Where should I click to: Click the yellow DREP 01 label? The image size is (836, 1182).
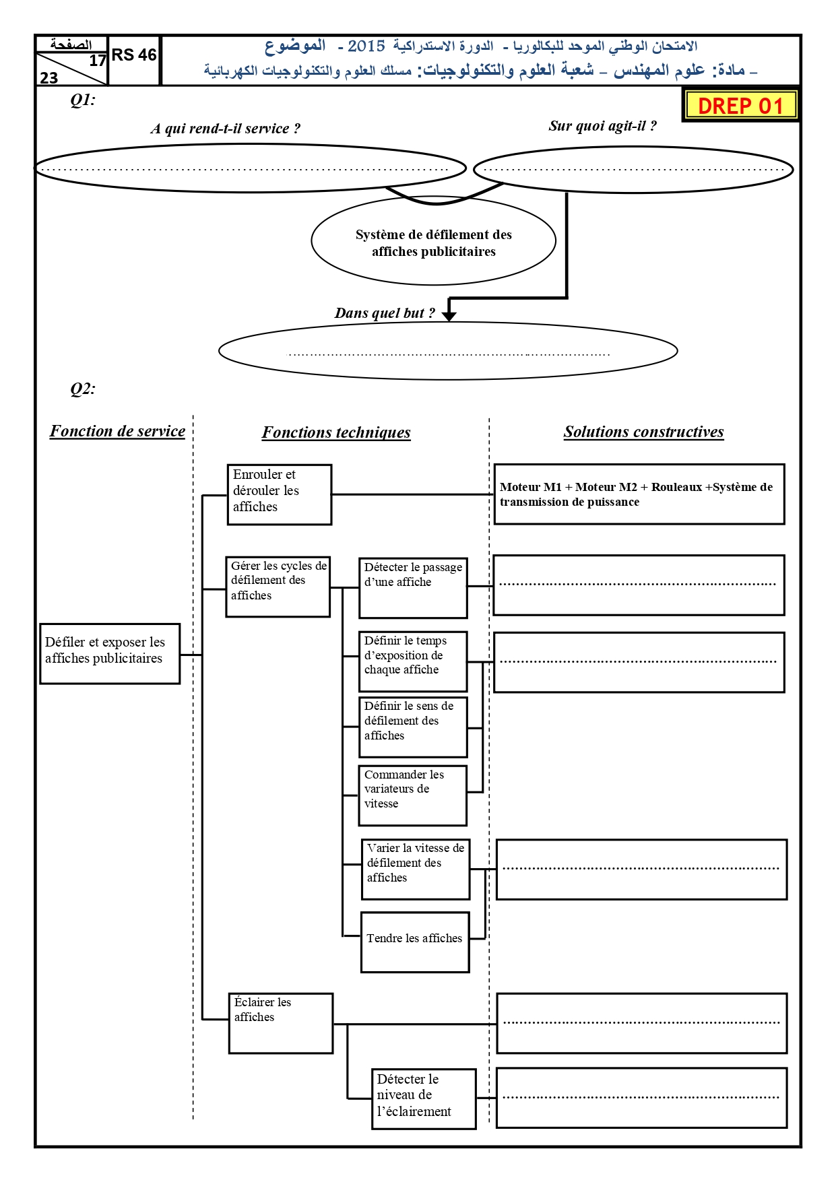740,106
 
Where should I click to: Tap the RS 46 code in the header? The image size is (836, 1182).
134,55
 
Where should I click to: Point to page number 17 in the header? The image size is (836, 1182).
98,60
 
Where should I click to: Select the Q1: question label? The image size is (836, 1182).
83,100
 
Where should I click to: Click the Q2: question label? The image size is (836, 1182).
83,389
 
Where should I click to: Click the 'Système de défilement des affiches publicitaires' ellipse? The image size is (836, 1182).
434,240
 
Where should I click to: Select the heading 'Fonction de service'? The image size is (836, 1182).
117,431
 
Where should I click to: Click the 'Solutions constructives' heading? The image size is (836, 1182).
644,432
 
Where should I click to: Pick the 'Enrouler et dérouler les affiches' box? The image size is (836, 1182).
280,494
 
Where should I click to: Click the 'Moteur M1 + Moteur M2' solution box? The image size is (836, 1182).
639,494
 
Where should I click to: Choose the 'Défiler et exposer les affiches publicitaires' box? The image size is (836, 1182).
110,653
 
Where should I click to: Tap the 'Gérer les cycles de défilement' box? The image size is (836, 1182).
278,587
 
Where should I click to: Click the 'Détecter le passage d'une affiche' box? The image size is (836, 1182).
413,588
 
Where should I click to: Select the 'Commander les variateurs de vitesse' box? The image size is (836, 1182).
413,795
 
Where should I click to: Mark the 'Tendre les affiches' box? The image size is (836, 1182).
415,942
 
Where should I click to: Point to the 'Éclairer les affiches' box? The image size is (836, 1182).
281,1023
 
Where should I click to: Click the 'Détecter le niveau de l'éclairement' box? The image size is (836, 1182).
424,1098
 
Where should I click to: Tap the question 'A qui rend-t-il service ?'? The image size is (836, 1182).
226,129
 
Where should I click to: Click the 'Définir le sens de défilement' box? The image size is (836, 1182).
413,727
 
